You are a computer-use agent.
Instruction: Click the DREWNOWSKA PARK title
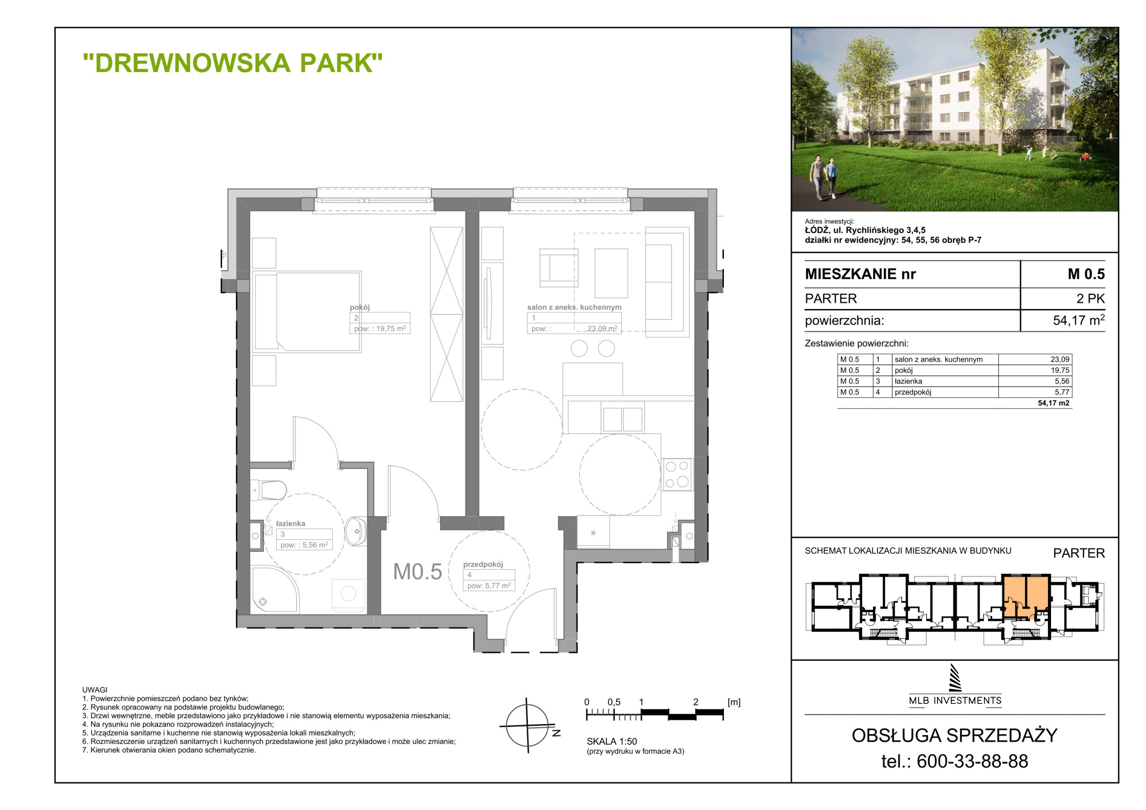(x=233, y=63)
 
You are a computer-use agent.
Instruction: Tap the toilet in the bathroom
(x=268, y=490)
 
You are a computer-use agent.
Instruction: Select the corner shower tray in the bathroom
(x=275, y=589)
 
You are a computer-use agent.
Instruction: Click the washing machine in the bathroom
(x=348, y=594)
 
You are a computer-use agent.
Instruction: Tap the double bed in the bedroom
(x=307, y=311)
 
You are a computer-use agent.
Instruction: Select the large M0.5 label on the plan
(x=417, y=572)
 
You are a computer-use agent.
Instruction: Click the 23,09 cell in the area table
(x=1060, y=359)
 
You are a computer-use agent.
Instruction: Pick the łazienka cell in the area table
(x=908, y=381)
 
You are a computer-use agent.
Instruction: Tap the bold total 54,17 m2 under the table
(x=1054, y=403)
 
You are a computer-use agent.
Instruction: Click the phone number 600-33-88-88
(x=972, y=761)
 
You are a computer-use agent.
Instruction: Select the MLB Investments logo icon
(x=955, y=678)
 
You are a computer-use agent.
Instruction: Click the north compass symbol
(x=528, y=725)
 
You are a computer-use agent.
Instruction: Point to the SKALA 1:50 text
(x=612, y=742)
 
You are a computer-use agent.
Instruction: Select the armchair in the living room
(x=559, y=268)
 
